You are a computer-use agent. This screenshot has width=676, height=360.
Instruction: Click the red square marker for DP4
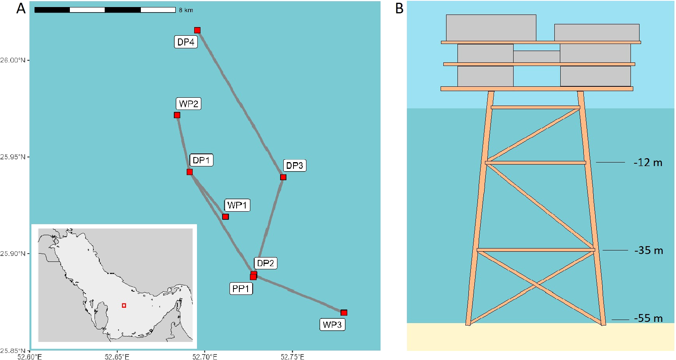(197, 30)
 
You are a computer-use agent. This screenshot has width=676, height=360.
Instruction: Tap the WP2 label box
(188, 104)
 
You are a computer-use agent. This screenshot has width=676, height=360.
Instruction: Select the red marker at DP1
(189, 172)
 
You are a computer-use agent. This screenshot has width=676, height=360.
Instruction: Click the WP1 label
(237, 205)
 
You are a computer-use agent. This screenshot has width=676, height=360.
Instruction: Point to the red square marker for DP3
(283, 177)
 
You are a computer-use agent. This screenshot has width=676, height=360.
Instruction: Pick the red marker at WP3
(344, 312)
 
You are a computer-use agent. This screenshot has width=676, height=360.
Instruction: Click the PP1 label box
(241, 289)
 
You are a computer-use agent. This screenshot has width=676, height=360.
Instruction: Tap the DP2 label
(265, 263)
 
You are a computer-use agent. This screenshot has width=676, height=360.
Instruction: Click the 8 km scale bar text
(186, 10)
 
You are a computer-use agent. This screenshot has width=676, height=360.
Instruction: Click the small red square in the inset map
(124, 305)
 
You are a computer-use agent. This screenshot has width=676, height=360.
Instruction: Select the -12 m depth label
(648, 163)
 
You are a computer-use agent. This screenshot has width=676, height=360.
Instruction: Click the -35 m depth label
(648, 250)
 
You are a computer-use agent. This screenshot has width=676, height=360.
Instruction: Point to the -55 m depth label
(648, 318)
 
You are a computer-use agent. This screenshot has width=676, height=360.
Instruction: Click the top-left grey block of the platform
(491, 27)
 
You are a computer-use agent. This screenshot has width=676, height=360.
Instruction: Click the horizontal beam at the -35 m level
(536, 250)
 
